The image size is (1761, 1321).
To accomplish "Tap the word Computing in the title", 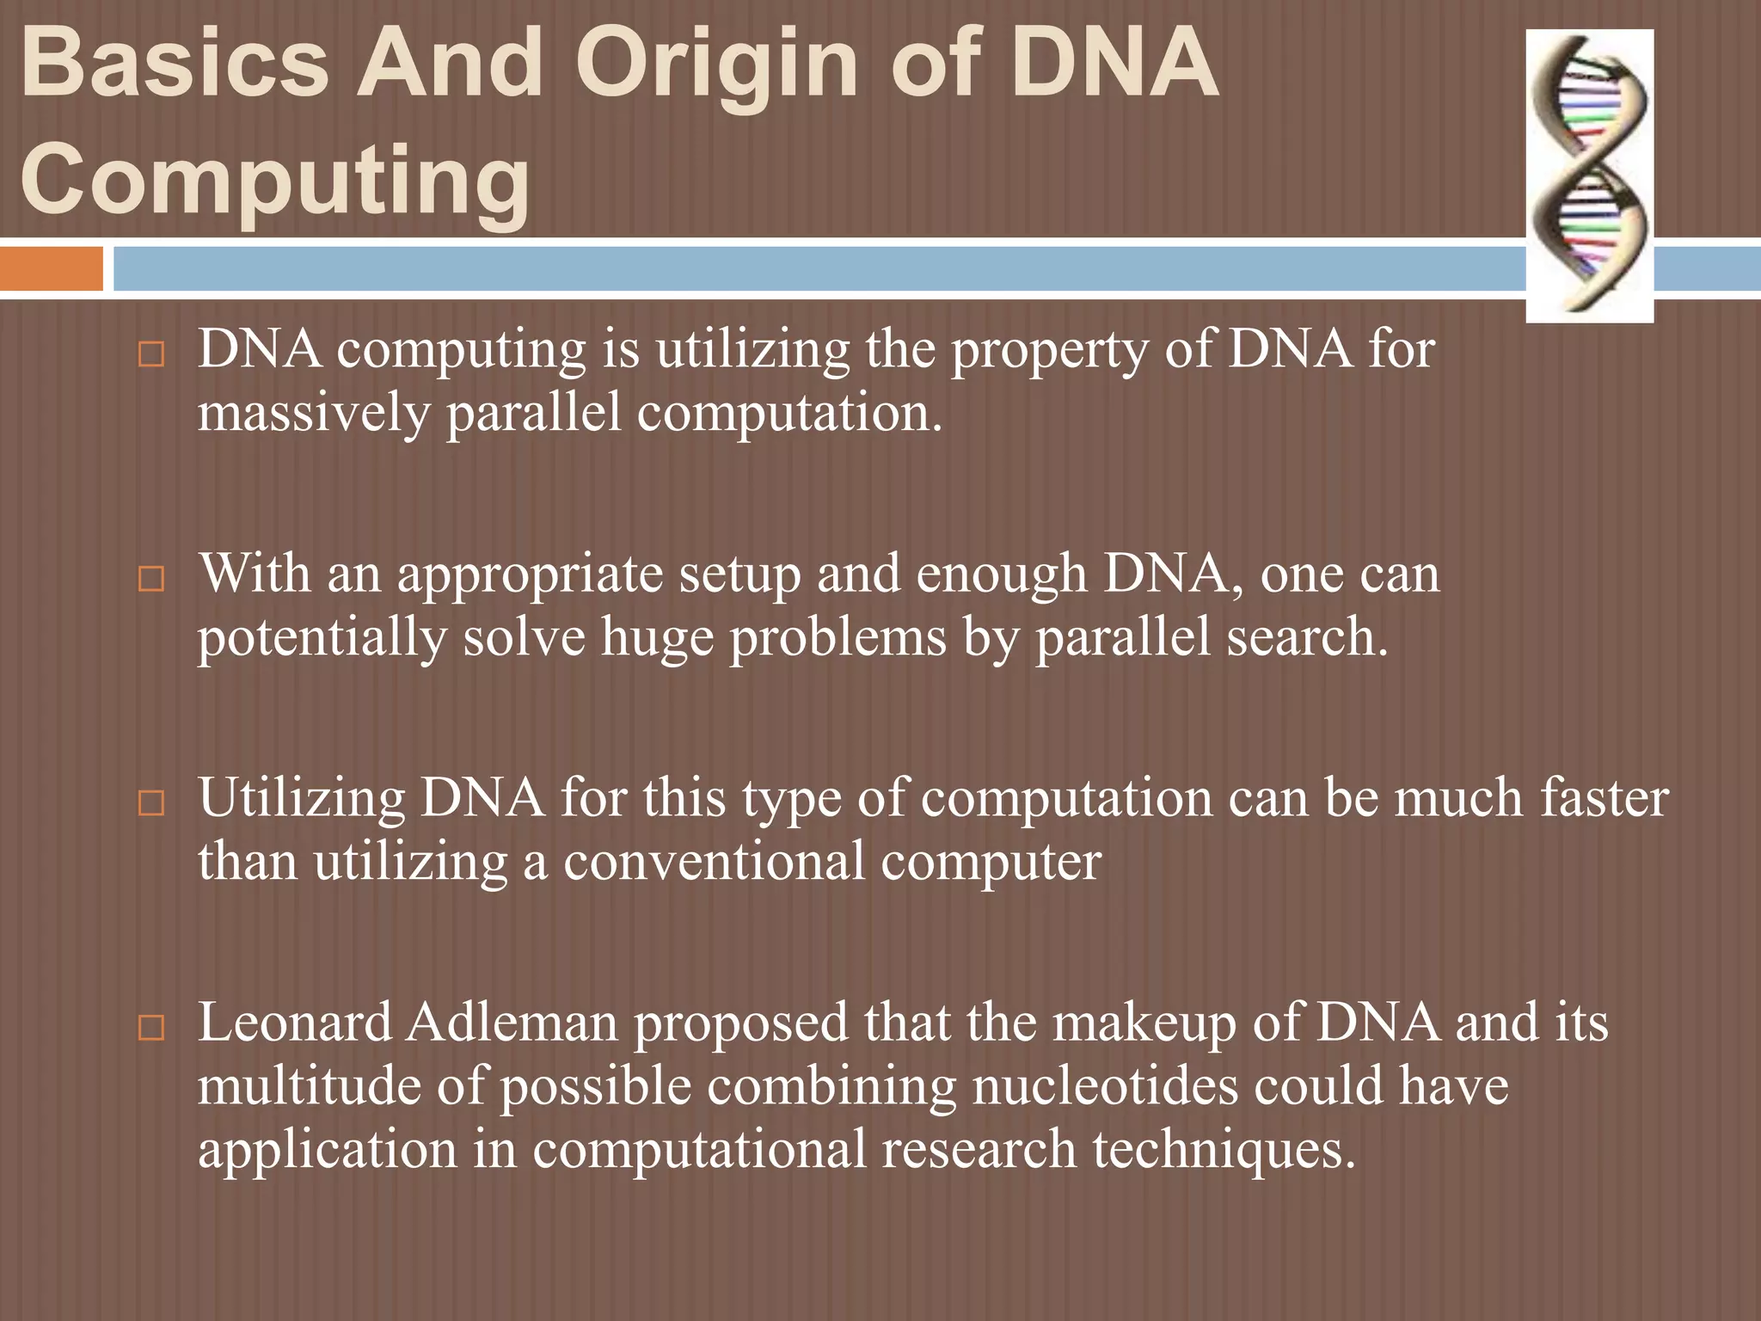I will pyautogui.click(x=275, y=181).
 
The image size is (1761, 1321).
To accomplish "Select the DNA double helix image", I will pyautogui.click(x=1590, y=176).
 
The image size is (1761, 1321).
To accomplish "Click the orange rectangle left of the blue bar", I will pyautogui.click(x=51, y=268).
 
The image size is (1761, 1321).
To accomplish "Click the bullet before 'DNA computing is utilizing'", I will pyautogui.click(x=150, y=355).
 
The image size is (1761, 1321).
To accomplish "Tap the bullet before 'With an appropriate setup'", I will pyautogui.click(x=150, y=579).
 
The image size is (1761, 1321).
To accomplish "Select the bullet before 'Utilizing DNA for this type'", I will pyautogui.click(x=150, y=803).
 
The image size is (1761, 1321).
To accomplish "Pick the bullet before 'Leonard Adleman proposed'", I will pyautogui.click(x=150, y=1028).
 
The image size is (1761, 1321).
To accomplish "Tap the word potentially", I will pyautogui.click(x=322, y=639).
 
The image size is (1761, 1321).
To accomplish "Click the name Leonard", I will pyautogui.click(x=295, y=1023).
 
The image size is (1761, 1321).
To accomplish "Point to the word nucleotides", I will pyautogui.click(x=1106, y=1086).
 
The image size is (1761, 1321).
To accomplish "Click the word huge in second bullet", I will pyautogui.click(x=657, y=639).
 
